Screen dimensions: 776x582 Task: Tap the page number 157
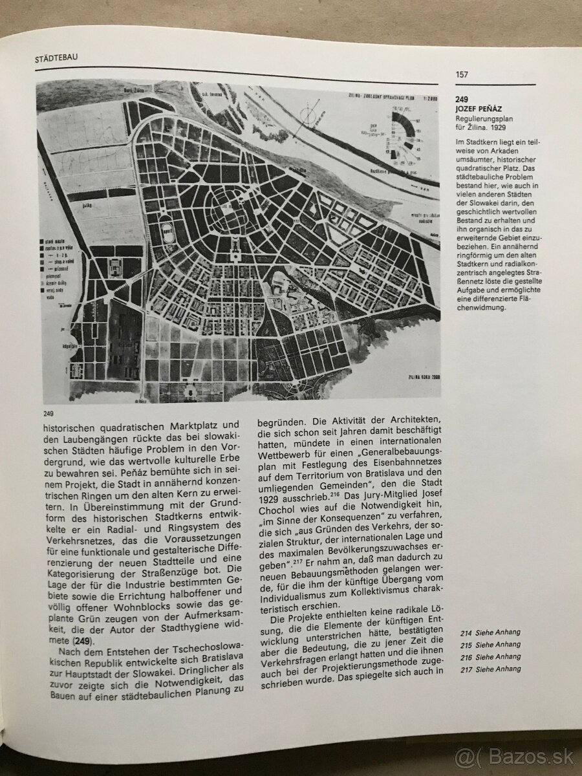[462, 74]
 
